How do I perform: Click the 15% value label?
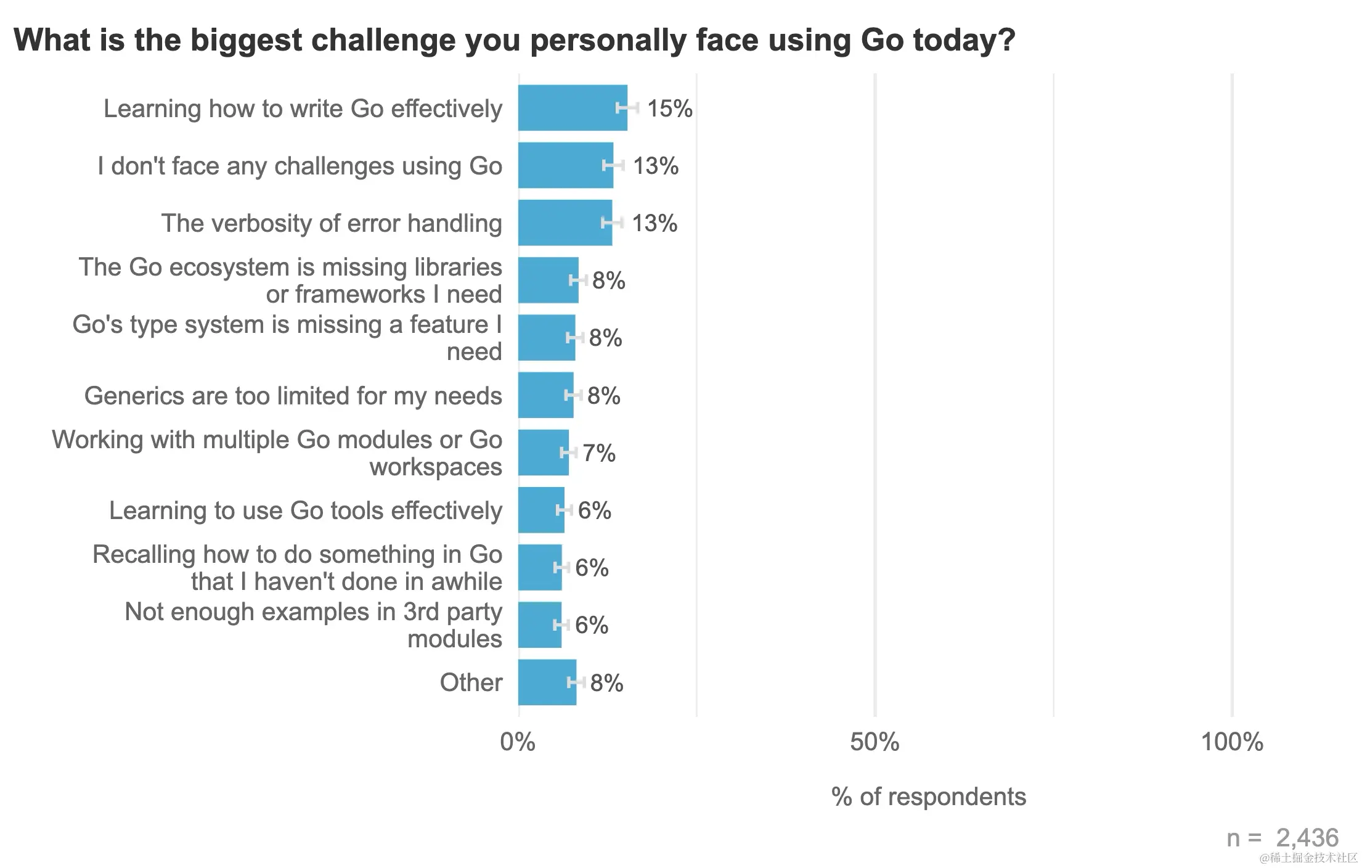pos(669,108)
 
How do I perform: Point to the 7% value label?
pos(598,453)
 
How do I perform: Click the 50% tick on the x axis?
pos(874,742)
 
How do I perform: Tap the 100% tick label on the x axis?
pos(1231,742)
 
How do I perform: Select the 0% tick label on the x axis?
pos(518,742)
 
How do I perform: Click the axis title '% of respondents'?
pos(928,796)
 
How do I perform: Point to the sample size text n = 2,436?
pos(1282,838)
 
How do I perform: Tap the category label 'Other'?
pos(471,682)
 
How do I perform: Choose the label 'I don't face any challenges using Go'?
pos(300,166)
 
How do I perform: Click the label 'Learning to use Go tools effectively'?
pos(305,510)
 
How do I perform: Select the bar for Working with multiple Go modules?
pos(543,452)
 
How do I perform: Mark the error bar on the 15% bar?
pos(627,108)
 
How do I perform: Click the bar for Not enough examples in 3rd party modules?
pos(539,625)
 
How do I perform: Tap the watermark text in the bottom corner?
pos(1308,858)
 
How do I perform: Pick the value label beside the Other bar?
pos(606,683)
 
